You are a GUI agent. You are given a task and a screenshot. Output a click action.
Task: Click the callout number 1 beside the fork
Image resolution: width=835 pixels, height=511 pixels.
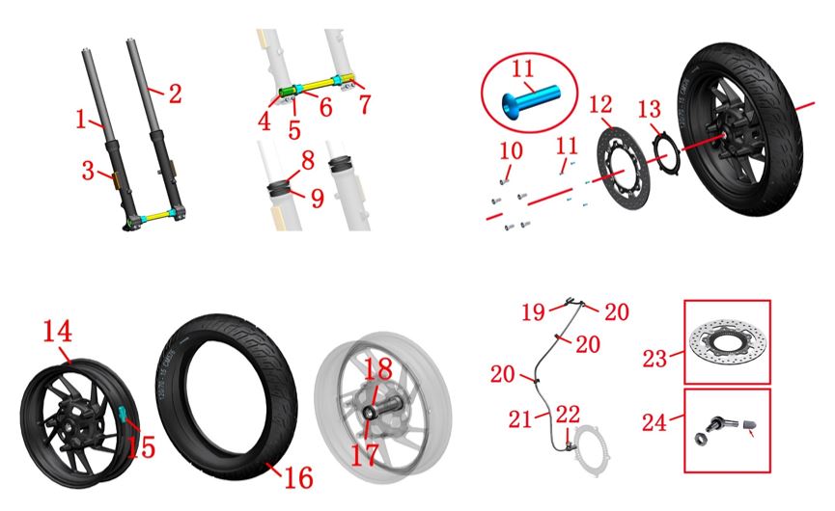click(81, 120)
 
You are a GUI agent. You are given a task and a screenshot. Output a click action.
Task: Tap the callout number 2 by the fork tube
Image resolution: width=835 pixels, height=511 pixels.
click(175, 94)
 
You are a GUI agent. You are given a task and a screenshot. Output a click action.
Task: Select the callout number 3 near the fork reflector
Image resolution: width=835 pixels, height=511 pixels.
click(88, 171)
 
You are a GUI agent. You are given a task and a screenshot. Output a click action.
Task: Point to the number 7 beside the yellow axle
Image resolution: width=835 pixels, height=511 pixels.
click(364, 104)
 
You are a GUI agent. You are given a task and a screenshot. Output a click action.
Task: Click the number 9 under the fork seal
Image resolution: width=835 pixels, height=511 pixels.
click(318, 198)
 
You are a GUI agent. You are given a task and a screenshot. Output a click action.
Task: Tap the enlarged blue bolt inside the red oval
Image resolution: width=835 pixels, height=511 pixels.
click(531, 100)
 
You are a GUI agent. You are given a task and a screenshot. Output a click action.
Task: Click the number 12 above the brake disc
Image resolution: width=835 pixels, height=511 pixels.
click(600, 105)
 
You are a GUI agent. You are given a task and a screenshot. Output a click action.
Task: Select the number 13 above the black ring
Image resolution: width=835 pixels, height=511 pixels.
click(650, 110)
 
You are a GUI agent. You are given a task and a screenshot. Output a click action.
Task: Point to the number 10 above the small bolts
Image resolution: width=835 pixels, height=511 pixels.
click(511, 151)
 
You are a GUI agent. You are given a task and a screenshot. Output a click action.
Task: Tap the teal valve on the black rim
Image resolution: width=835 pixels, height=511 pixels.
click(122, 414)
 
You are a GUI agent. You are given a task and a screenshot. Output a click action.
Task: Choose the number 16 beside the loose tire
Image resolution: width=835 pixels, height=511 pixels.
click(298, 477)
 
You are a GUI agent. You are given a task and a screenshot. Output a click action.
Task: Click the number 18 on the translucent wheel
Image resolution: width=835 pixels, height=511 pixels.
click(378, 369)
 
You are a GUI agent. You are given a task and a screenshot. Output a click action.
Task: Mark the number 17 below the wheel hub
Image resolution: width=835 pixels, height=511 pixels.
click(365, 455)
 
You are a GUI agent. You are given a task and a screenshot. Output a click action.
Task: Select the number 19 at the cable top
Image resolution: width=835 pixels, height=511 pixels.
click(533, 312)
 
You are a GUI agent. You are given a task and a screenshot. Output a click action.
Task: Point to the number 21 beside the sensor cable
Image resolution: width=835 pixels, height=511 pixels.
click(520, 419)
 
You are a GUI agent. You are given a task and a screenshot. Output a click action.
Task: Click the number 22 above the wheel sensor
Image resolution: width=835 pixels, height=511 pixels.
click(568, 415)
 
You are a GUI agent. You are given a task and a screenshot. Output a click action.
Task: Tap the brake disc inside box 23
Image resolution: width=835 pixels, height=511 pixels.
click(728, 340)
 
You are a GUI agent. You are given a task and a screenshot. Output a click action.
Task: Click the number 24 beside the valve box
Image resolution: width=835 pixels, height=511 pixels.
click(654, 422)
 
